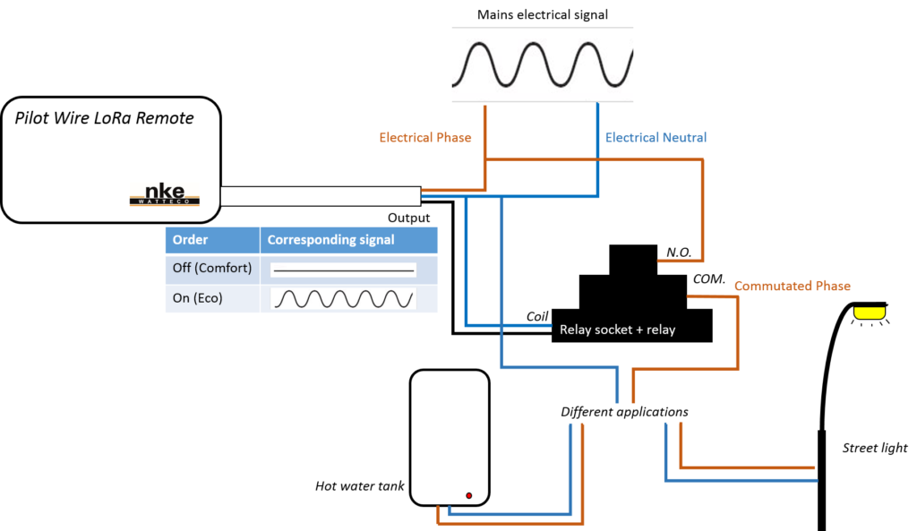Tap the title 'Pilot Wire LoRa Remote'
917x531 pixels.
click(x=104, y=118)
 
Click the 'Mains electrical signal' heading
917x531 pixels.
click(x=542, y=14)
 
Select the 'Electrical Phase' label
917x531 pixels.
click(x=425, y=138)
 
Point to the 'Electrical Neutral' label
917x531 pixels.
click(x=656, y=138)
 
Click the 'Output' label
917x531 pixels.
click(x=408, y=218)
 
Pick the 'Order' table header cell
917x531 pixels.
click(x=212, y=240)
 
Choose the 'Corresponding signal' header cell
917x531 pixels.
click(x=347, y=240)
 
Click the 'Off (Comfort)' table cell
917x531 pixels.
click(x=212, y=268)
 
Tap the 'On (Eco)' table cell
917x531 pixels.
click(x=212, y=298)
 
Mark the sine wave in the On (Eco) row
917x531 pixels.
click(x=344, y=298)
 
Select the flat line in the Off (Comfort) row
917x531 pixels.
click(x=344, y=269)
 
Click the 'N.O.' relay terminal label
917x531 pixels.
click(x=678, y=253)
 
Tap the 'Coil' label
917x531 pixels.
click(x=536, y=316)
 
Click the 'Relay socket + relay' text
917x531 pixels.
click(x=617, y=330)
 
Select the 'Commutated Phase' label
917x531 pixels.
click(x=792, y=287)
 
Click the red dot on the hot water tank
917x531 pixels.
click(x=468, y=494)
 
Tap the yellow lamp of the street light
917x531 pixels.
click(x=867, y=313)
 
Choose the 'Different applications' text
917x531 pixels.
click(x=624, y=412)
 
